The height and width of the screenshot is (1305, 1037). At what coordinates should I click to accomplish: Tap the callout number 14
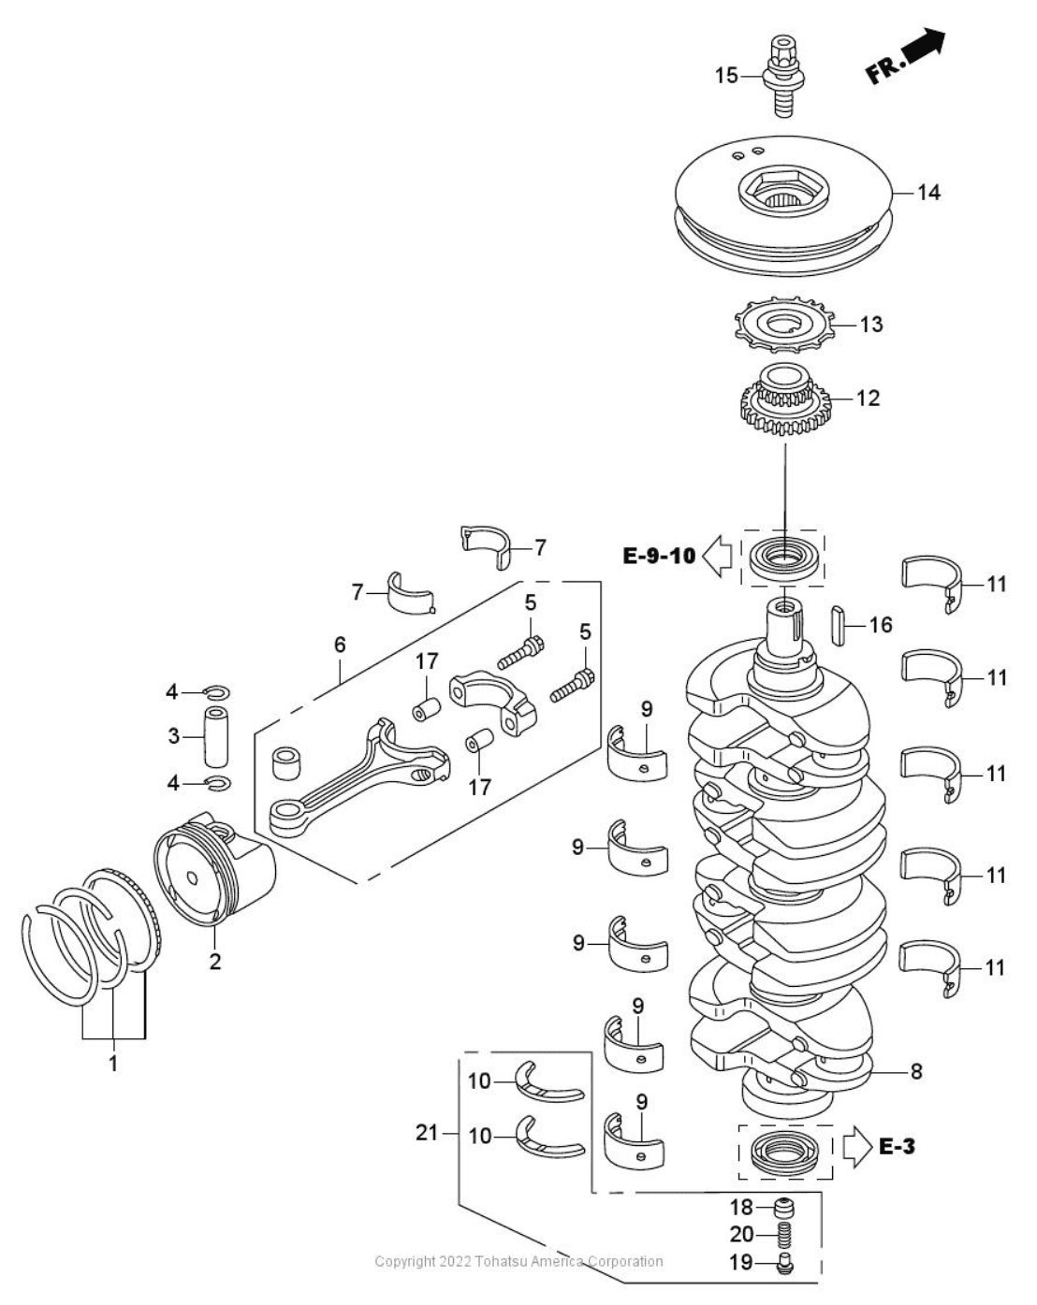927,193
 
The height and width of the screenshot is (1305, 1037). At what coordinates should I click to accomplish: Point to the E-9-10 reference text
659,556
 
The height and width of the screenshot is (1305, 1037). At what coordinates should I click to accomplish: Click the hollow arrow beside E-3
856,1147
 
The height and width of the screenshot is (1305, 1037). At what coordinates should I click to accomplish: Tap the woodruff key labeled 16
838,627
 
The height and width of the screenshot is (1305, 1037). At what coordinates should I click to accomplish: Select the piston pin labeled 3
216,737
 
